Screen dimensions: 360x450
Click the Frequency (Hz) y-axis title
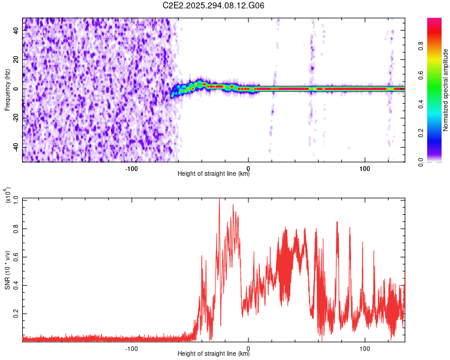pyautogui.click(x=7, y=90)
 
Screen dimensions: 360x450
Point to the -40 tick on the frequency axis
pyautogui.click(x=16, y=147)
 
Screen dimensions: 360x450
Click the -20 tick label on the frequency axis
pyautogui.click(x=16, y=118)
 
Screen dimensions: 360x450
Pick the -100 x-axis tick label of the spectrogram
pyautogui.click(x=131, y=167)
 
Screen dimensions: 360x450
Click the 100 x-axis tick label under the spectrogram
pyautogui.click(x=364, y=167)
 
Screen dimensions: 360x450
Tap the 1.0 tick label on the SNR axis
pyautogui.click(x=16, y=199)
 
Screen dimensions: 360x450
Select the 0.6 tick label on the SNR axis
pyautogui.click(x=16, y=256)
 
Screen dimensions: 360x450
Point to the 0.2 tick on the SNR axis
pyautogui.click(x=16, y=314)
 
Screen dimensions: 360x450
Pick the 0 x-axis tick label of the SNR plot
pyautogui.click(x=248, y=347)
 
